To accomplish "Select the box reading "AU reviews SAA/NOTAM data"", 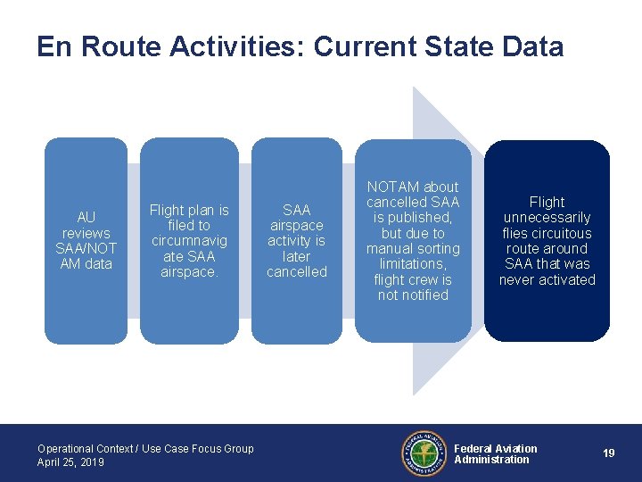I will click(x=86, y=240).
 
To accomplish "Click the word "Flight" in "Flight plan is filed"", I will click(x=167, y=211).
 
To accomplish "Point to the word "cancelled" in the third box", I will click(x=297, y=271).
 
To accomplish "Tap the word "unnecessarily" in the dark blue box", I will click(x=547, y=218).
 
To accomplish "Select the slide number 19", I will click(x=608, y=453).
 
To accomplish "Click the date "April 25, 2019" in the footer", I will click(x=70, y=462).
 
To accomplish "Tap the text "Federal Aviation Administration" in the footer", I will click(x=496, y=454).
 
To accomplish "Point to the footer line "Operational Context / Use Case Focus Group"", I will click(x=145, y=449).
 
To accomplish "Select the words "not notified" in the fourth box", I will click(x=413, y=295).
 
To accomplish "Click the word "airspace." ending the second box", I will click(x=189, y=271).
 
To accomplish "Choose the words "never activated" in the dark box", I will click(x=547, y=280).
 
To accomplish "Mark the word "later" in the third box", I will click(x=297, y=256).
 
